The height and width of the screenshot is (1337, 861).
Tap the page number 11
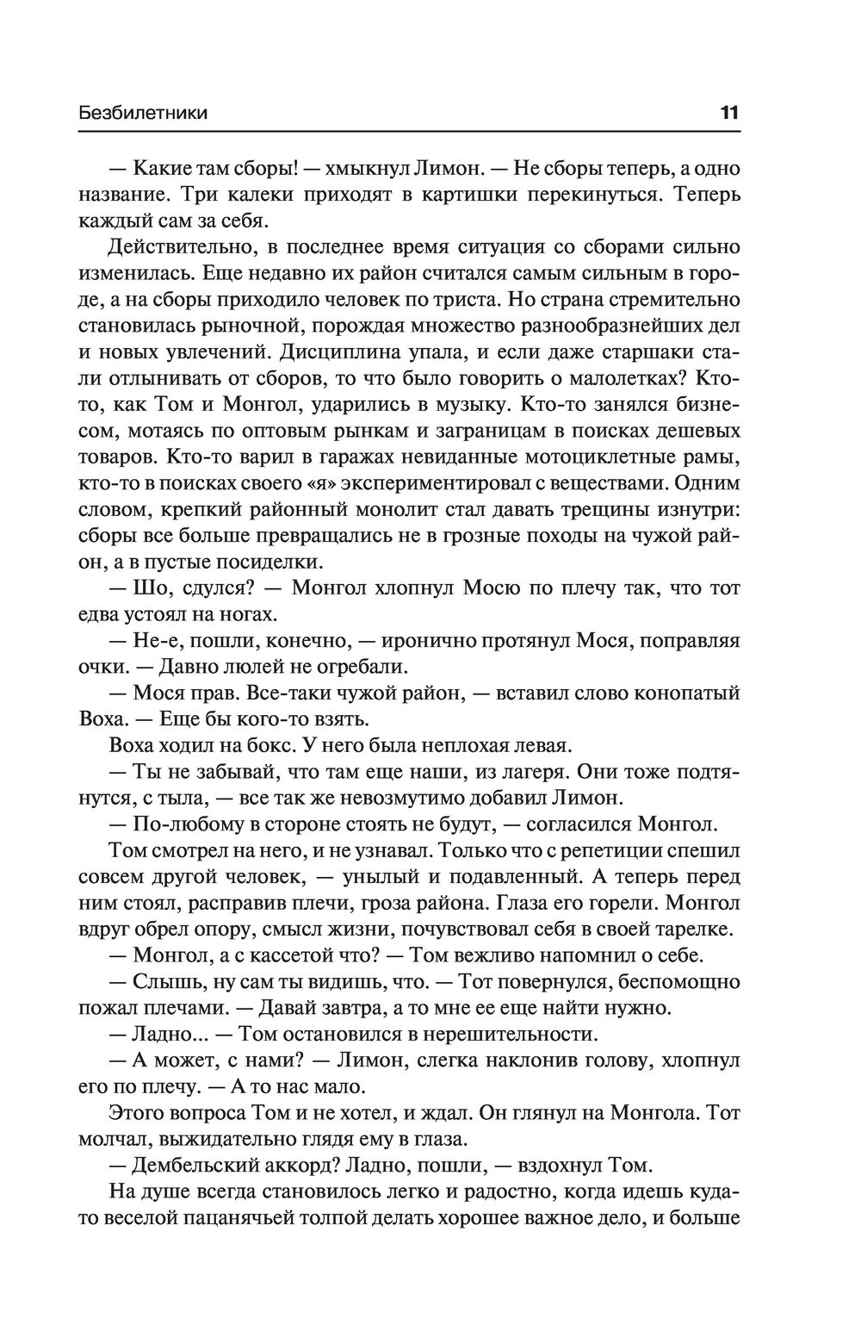pyautogui.click(x=729, y=113)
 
